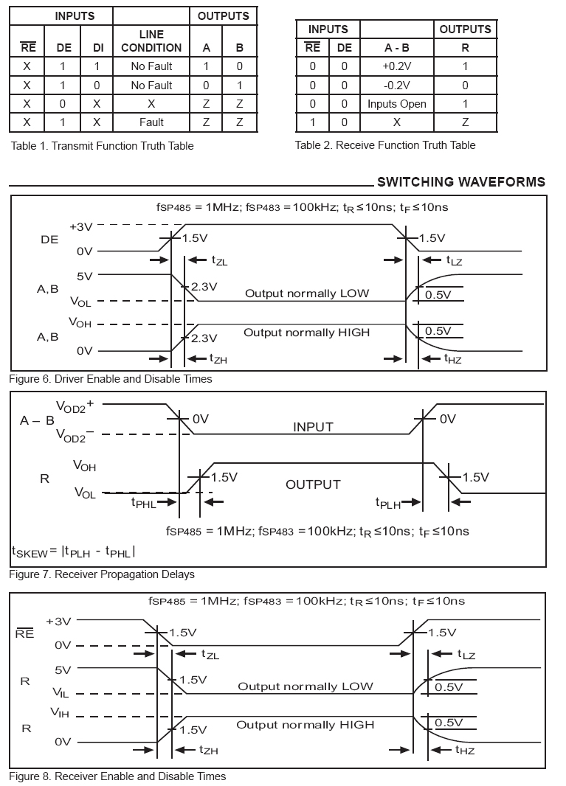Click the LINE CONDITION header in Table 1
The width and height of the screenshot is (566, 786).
tap(151, 41)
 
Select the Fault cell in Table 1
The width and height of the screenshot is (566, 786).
tap(151, 122)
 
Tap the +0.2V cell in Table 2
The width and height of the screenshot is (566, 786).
tap(397, 66)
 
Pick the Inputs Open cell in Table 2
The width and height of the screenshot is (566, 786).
tap(397, 104)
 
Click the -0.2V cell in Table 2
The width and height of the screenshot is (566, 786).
tap(397, 85)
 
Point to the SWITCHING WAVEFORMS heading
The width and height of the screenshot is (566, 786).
tap(461, 182)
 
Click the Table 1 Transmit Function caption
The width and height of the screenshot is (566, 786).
tap(102, 146)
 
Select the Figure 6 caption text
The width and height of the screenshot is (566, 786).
tap(111, 379)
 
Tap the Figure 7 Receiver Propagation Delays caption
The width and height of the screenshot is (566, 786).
tap(102, 574)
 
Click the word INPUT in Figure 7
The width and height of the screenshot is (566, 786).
tap(313, 427)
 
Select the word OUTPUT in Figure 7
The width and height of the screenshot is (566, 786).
tap(313, 484)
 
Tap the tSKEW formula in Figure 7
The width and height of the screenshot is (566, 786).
tap(73, 551)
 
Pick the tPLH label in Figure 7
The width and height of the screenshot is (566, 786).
tap(387, 503)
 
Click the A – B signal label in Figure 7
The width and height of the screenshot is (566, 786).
tap(37, 421)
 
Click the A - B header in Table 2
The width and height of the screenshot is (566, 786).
tap(397, 48)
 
